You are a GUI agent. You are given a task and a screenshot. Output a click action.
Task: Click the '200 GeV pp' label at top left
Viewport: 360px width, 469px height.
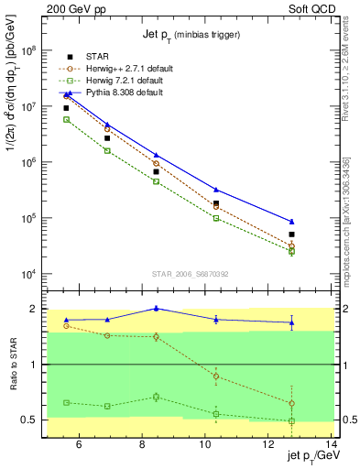coord(76,8)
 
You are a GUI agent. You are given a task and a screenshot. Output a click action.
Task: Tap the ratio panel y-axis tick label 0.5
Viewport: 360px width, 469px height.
coord(34,420)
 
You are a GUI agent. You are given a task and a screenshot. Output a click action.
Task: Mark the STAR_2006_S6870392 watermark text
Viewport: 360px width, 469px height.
coord(191,274)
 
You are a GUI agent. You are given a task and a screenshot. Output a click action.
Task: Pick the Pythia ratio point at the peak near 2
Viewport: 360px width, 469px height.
coord(156,309)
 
